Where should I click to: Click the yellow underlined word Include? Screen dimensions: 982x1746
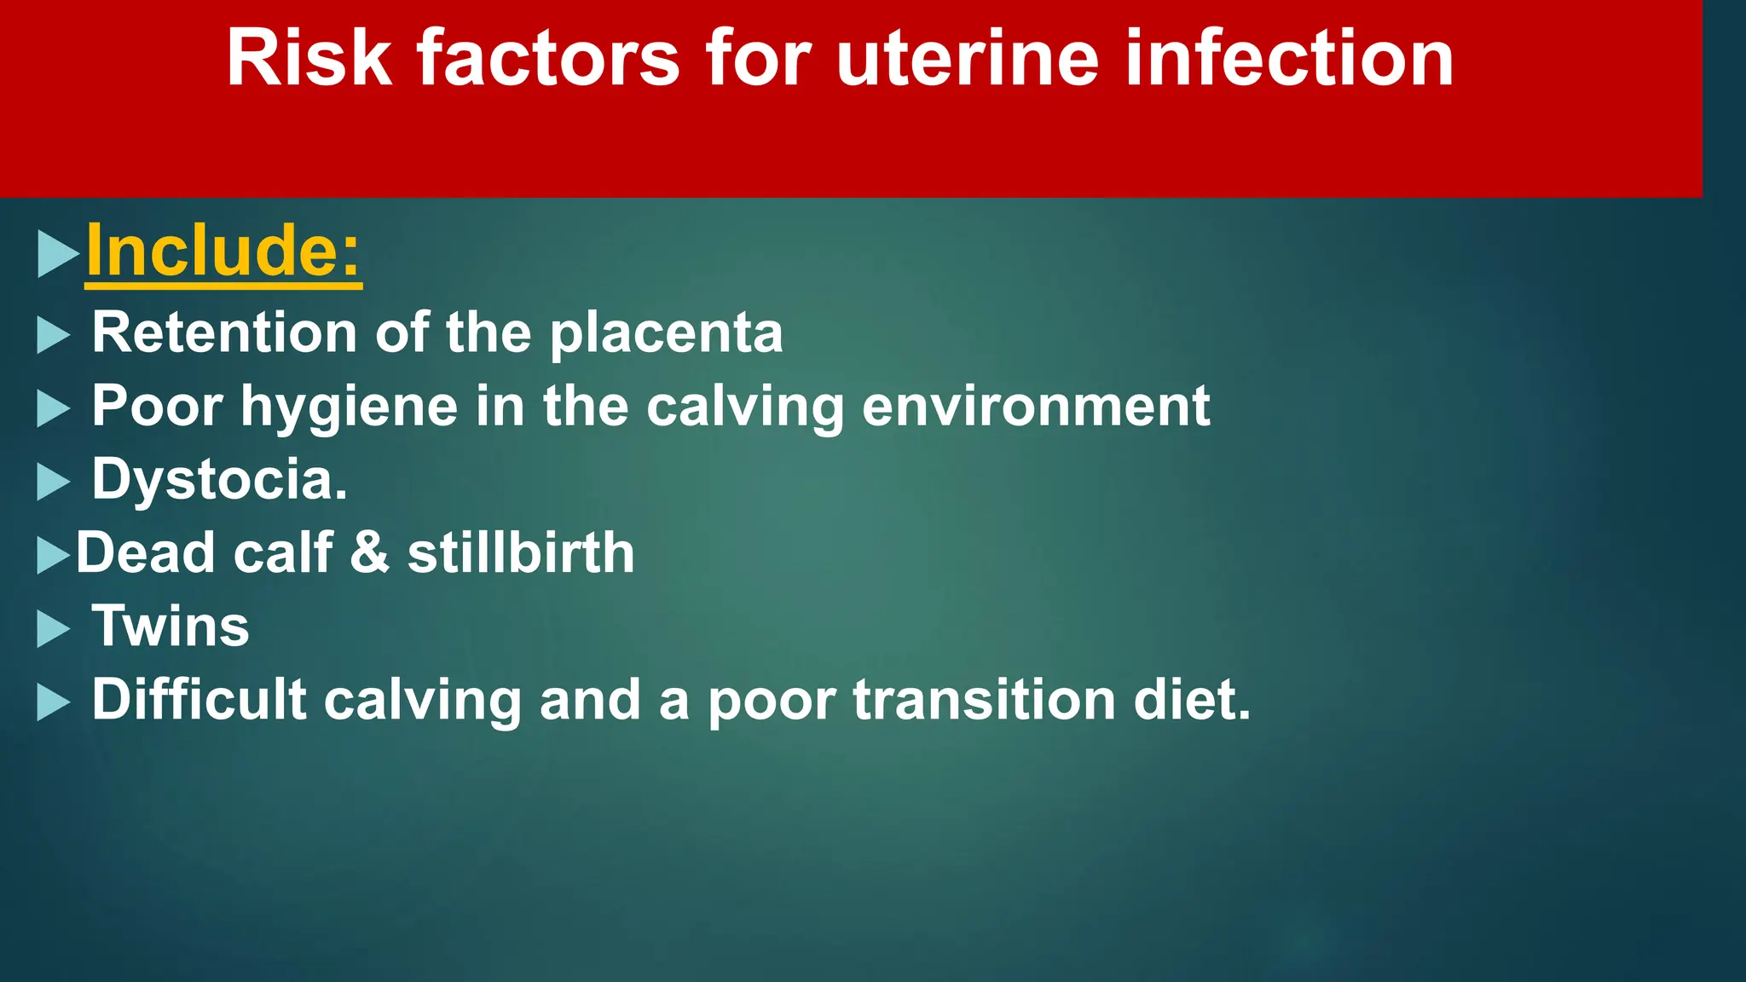(223, 251)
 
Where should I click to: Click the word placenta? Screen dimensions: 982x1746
(666, 333)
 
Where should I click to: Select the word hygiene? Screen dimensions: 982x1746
(350, 407)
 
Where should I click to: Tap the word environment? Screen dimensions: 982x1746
(1035, 406)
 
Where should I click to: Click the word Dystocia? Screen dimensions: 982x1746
(219, 479)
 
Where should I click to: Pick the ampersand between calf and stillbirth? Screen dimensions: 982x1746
(370, 552)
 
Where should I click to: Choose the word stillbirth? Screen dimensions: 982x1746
(521, 552)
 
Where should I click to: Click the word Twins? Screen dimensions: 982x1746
(171, 626)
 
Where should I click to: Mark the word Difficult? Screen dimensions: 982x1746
(199, 699)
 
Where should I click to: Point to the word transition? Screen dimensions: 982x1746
(984, 699)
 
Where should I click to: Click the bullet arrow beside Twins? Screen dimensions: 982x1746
(53, 630)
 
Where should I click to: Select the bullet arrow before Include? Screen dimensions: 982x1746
(57, 254)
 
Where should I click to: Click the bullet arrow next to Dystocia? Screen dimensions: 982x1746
(53, 482)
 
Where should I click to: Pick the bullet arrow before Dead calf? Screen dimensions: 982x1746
(53, 556)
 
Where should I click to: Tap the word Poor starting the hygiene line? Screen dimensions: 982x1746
(157, 406)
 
